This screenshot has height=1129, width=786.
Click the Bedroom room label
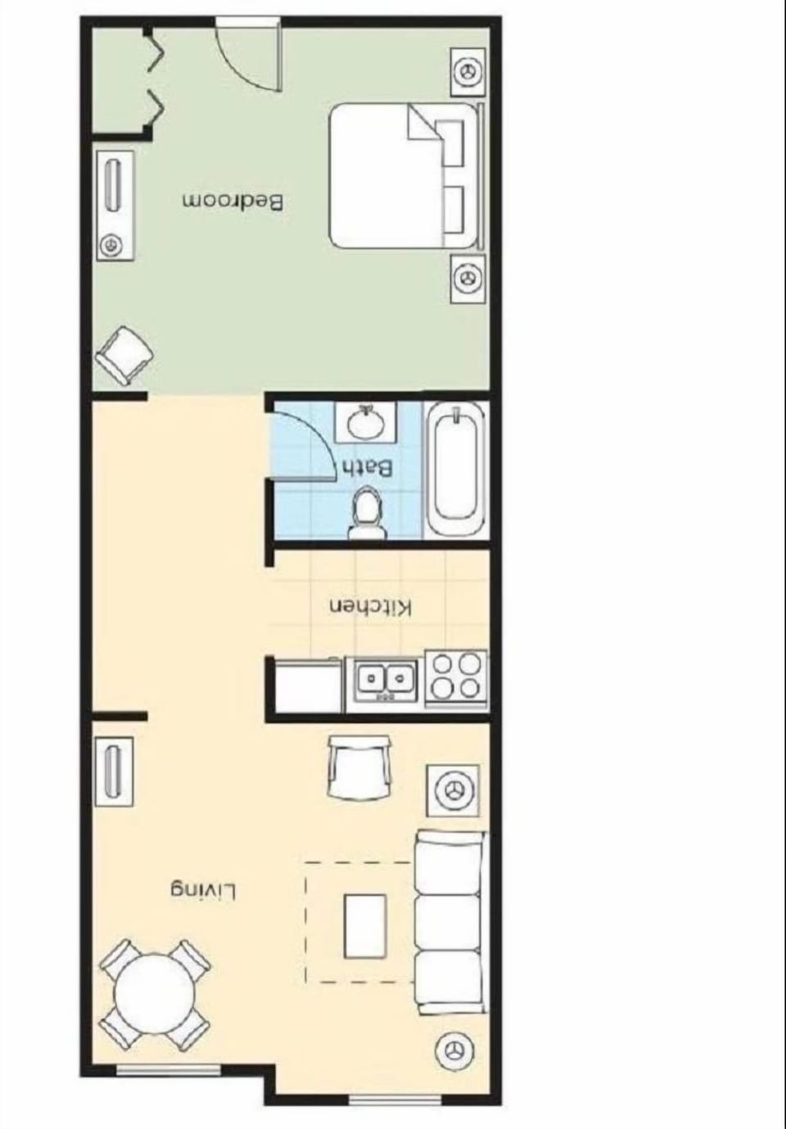click(x=233, y=201)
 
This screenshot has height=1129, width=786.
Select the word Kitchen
click(x=371, y=608)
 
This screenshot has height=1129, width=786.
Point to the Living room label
click(x=204, y=890)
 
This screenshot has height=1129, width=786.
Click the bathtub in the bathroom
click(x=456, y=468)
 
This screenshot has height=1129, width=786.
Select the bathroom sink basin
click(x=366, y=423)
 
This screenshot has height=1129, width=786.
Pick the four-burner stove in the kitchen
click(x=456, y=677)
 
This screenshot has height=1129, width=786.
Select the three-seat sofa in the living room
click(x=448, y=922)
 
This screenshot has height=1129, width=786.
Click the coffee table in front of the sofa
click(x=365, y=925)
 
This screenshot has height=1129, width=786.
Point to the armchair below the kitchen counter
click(x=358, y=766)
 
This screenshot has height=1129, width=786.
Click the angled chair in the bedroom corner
click(x=124, y=353)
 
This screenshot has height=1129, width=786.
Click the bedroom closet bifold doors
click(x=153, y=78)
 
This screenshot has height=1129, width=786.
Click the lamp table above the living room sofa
click(x=453, y=790)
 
